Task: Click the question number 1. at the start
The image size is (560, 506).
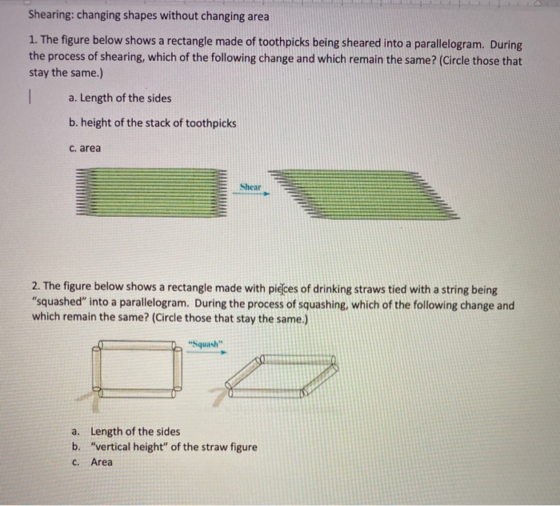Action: [x=34, y=46]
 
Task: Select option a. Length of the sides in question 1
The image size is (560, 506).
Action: [x=120, y=98]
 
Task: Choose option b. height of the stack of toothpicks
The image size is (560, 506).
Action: [x=152, y=122]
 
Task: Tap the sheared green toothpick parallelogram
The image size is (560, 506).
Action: [x=363, y=195]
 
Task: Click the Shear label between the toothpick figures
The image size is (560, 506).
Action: [x=250, y=186]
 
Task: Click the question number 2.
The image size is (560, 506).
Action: [x=37, y=288]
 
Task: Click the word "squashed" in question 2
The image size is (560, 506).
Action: [x=61, y=303]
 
